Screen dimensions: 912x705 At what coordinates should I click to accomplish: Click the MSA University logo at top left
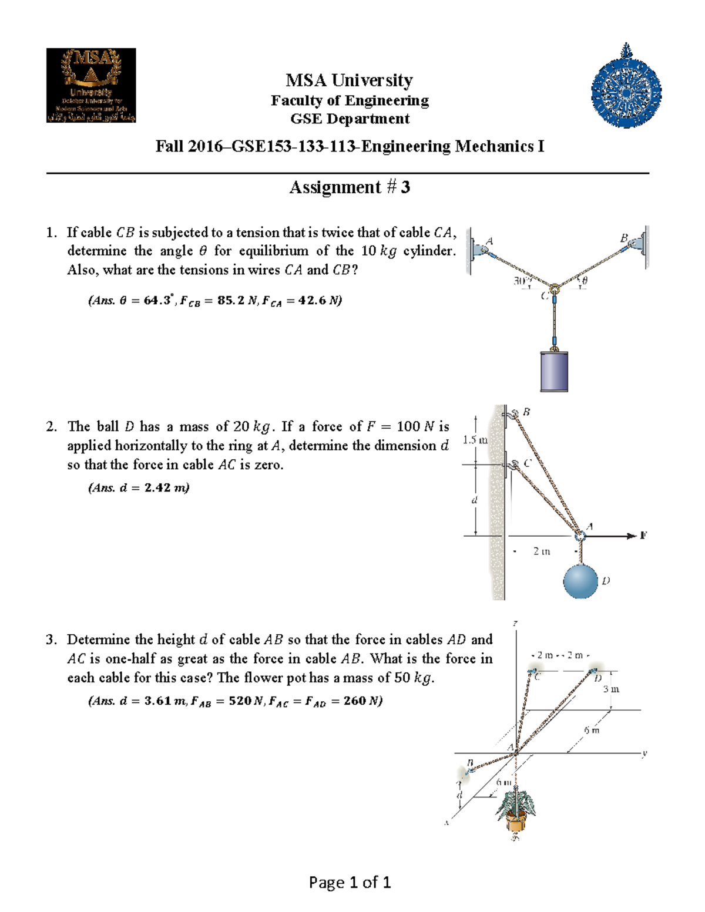coord(91,85)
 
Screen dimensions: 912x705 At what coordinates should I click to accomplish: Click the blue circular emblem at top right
coord(626,88)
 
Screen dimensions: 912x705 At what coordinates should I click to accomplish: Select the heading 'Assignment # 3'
coord(350,187)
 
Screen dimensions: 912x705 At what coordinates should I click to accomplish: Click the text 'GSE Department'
coord(350,119)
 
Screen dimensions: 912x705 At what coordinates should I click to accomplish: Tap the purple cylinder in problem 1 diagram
coord(553,371)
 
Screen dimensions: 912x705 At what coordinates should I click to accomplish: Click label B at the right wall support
coord(624,238)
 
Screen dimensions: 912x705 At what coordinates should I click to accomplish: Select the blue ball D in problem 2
coord(580,580)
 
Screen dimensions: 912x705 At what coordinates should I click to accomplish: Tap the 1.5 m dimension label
coord(475,440)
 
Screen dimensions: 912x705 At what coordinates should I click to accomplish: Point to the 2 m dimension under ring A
coord(542,551)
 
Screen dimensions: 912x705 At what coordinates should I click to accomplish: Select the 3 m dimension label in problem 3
coord(611,689)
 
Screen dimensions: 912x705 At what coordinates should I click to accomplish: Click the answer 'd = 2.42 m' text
coord(139,487)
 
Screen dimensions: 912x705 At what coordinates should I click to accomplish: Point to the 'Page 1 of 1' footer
coord(350,882)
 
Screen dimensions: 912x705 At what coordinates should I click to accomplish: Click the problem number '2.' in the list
coord(52,427)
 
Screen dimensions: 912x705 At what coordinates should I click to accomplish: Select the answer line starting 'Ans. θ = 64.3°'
coord(214,301)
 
